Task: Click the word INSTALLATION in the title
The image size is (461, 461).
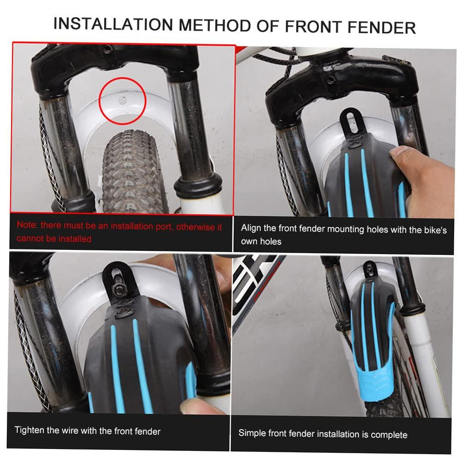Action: click(113, 24)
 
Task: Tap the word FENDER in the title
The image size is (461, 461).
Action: click(382, 27)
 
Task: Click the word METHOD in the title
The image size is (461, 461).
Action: click(215, 25)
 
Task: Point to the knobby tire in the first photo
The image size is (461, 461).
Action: click(132, 172)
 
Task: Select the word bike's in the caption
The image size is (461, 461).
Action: click(436, 230)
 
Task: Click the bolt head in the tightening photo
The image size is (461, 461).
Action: click(120, 290)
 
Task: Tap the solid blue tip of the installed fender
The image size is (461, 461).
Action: click(373, 382)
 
